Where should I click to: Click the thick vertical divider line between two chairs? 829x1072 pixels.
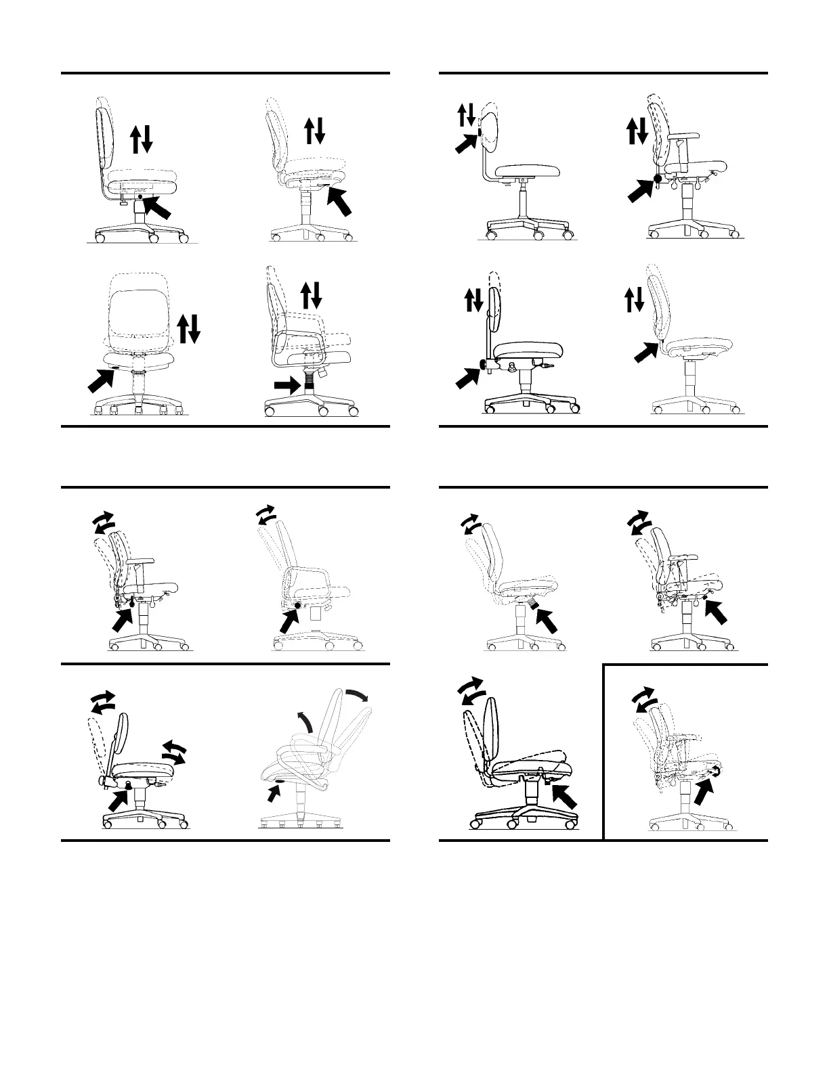[x=603, y=751]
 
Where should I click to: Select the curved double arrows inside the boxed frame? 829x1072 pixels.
[x=644, y=700]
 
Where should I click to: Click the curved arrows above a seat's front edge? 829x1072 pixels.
[x=173, y=752]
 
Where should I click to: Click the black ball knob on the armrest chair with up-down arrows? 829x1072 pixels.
[x=657, y=178]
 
